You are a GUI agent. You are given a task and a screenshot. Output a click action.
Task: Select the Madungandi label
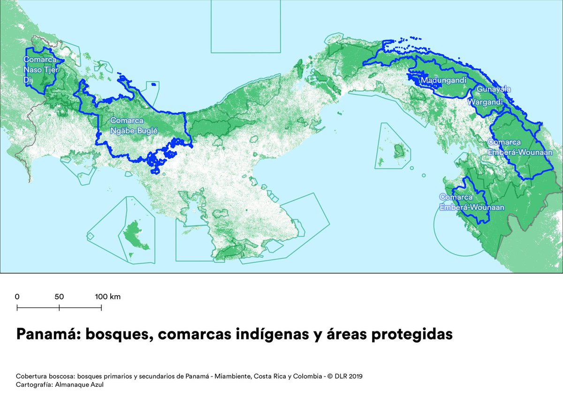click(443, 81)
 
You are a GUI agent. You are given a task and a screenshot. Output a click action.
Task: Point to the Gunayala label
click(494, 89)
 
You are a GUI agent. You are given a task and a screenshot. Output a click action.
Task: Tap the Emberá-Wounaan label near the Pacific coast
click(472, 202)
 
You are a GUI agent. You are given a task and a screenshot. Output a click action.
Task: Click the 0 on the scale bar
click(17, 297)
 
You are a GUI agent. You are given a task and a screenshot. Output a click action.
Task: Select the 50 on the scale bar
click(59, 297)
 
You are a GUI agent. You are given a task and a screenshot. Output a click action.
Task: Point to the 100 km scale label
click(108, 297)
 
